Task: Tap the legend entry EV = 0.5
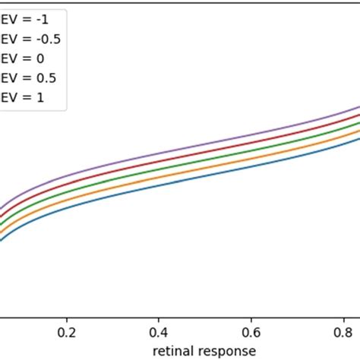[x=22, y=77]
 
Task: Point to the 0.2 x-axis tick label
[x=68, y=332]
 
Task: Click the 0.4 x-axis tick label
[x=159, y=332]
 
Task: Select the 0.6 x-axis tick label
[x=251, y=332]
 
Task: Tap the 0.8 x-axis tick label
[x=343, y=332]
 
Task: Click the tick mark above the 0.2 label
[x=68, y=319]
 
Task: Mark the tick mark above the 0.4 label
[x=159, y=319]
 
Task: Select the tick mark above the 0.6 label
[x=251, y=319]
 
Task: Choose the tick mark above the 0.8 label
[x=343, y=319]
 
